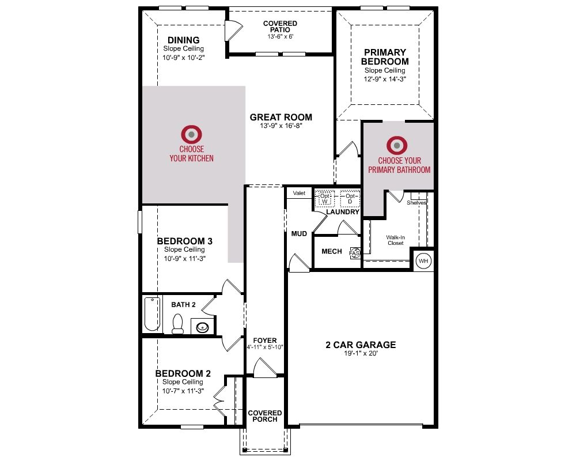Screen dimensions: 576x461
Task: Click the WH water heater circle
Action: (x=423, y=261)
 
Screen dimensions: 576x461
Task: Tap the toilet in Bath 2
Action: (x=178, y=323)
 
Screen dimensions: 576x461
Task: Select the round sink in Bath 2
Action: (x=202, y=327)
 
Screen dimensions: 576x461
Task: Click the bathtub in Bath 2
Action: (x=152, y=314)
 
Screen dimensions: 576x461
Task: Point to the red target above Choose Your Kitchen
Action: (x=191, y=134)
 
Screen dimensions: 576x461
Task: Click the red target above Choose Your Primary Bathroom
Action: (x=397, y=145)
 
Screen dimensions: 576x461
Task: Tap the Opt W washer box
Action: (x=325, y=199)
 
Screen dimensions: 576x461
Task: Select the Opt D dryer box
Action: (x=350, y=199)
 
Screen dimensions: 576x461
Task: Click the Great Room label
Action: (x=281, y=118)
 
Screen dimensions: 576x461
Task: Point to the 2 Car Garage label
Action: (x=361, y=345)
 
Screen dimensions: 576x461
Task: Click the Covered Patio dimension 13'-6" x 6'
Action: (x=281, y=36)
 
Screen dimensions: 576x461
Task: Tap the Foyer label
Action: (x=265, y=341)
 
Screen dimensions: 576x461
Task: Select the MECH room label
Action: (x=332, y=251)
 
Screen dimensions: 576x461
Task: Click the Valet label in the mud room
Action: (x=299, y=193)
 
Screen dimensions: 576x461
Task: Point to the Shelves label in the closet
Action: (x=416, y=203)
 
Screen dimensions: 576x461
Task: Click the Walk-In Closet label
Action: (x=396, y=240)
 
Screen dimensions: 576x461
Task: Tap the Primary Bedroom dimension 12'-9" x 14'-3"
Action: (x=385, y=79)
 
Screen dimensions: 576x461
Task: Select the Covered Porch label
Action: (x=265, y=416)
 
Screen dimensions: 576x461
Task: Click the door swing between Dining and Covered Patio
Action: (x=234, y=29)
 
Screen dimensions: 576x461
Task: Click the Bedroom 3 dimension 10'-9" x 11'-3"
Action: (x=184, y=258)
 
